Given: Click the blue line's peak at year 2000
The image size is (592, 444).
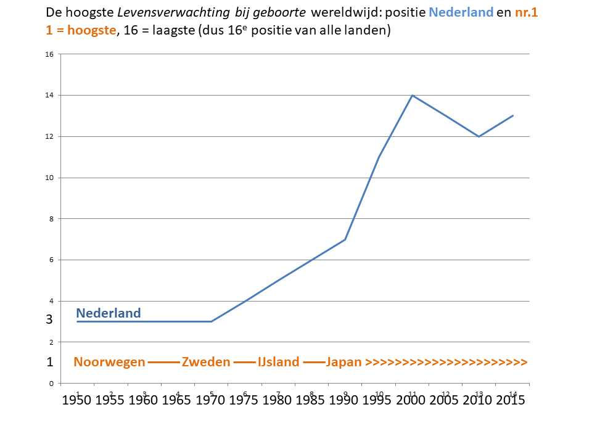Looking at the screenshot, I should [x=412, y=95].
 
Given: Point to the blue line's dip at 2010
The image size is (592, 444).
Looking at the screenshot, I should [x=479, y=136].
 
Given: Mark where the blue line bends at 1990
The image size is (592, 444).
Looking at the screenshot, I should [x=345, y=239].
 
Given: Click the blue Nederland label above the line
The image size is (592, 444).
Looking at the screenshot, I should [x=109, y=313].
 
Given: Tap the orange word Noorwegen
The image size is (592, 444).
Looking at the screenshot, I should [x=109, y=362].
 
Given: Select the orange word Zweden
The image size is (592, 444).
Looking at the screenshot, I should [x=206, y=362].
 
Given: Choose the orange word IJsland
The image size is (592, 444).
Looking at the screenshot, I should [x=279, y=362].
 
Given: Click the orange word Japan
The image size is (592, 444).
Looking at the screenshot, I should [x=343, y=362].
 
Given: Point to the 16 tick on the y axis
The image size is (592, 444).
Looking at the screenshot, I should [x=49, y=54].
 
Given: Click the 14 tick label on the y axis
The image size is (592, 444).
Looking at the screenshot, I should [x=49, y=95].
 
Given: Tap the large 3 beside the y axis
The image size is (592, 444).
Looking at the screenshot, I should [x=49, y=319].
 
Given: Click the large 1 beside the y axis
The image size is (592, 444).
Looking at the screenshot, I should [x=49, y=362].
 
